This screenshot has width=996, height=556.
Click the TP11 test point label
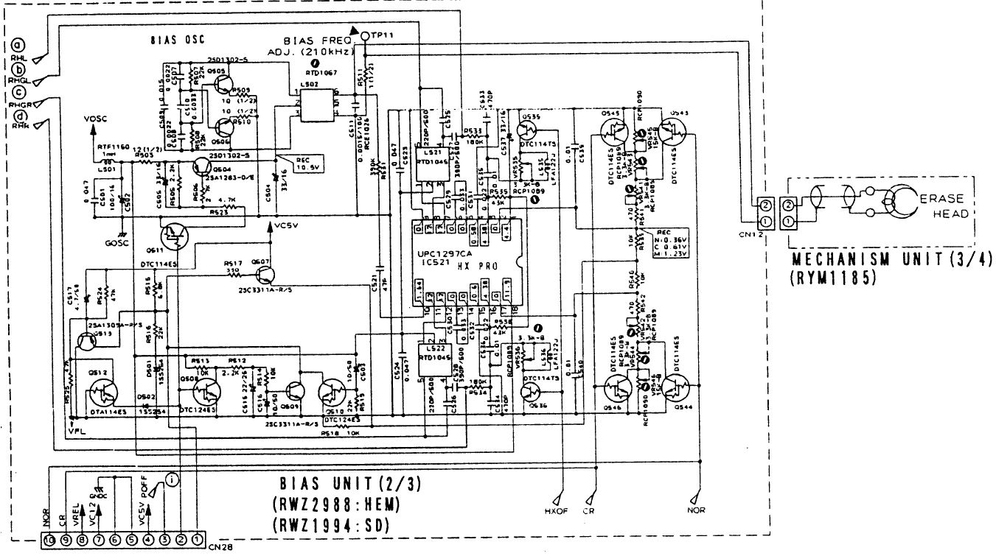point(383,35)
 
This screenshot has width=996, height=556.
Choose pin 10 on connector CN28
point(48,539)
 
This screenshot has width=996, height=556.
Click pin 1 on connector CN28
point(198,539)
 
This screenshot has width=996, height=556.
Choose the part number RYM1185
point(832,280)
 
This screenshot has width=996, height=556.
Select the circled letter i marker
point(171,479)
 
